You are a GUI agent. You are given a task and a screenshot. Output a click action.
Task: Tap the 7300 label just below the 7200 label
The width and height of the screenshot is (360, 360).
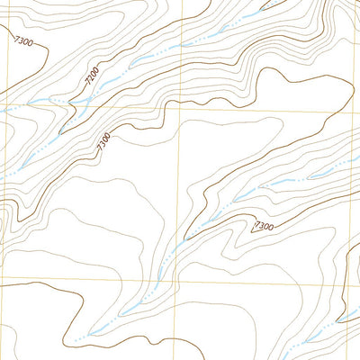(x=103, y=139)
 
